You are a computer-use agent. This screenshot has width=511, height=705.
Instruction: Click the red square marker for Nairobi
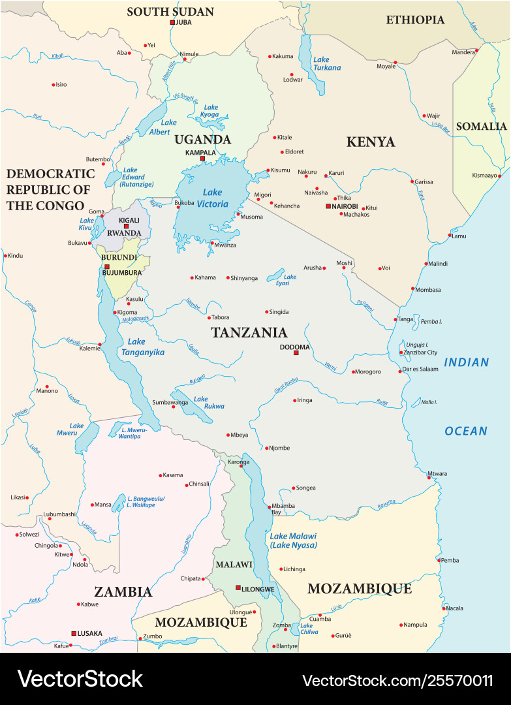pos(328,206)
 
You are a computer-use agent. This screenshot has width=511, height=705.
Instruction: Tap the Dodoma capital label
pos(294,347)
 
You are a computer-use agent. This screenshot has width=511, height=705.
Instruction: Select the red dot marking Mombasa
pos(412,289)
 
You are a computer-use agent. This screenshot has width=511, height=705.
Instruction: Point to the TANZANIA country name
pos(249,332)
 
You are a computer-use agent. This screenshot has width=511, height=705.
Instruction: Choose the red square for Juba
pos(172,22)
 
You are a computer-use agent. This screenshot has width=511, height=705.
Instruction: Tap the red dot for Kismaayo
pos(499,176)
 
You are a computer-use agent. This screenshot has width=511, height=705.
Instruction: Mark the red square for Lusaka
pos(73,633)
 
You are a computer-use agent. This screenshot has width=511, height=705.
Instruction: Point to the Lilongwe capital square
pos(238,588)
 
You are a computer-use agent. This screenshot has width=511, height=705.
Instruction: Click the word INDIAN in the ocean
pos(466,362)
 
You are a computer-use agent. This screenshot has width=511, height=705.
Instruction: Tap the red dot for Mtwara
pos(429,478)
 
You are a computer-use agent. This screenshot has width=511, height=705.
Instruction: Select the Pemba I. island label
pos(431,321)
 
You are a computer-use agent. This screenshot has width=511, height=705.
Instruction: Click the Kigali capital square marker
pos(127,227)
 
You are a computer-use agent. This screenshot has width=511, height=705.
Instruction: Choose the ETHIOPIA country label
pos(415,20)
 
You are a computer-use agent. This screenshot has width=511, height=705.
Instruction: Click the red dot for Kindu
pos(5,255)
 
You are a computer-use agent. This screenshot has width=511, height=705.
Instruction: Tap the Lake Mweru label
pos(76,429)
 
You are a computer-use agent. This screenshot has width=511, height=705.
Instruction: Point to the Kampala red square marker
pos(202,159)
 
